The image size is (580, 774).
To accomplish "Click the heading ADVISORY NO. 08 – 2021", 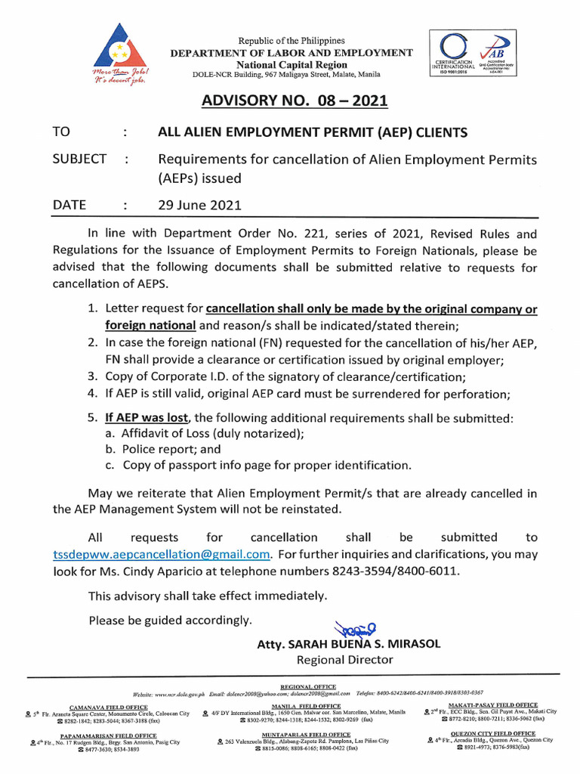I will [290, 101].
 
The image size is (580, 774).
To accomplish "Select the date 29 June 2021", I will [199, 205].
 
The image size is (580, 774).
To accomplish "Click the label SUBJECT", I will [79, 159].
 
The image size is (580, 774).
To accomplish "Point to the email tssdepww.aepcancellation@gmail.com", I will [162, 554].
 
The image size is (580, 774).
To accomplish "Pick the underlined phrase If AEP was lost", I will [147, 417].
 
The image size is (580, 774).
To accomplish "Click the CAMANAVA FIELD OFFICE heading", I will [109, 707].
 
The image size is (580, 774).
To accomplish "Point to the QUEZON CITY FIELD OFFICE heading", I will [492, 733].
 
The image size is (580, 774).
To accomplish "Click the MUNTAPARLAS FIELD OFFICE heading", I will [306, 734].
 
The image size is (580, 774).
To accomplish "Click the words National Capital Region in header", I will [291, 64].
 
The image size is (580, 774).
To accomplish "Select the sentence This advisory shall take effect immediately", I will [208, 596].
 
